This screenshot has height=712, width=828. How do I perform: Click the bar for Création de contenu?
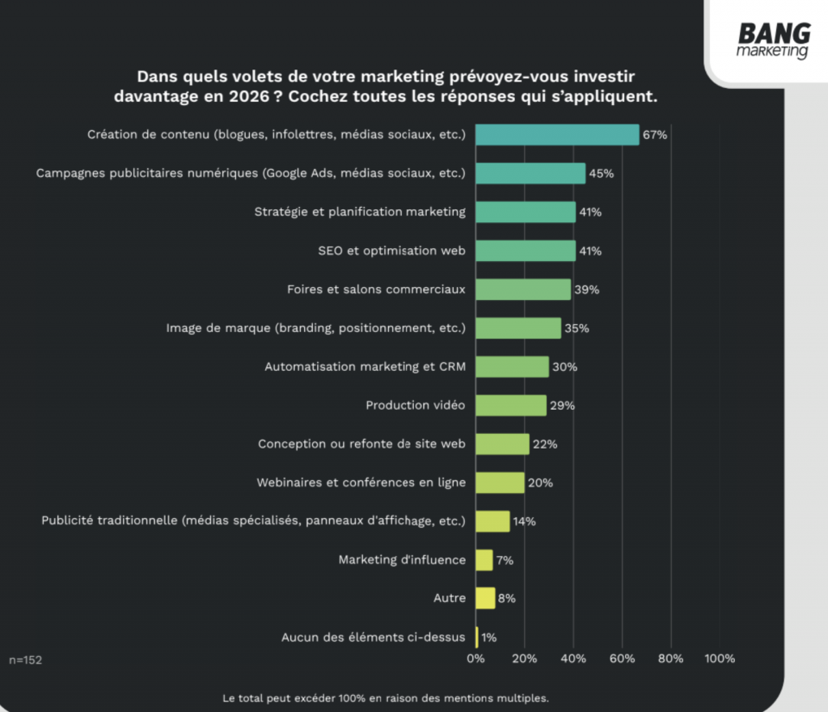(557, 134)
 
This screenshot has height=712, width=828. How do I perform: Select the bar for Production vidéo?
(511, 405)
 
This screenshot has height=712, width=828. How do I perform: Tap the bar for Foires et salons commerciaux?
(523, 289)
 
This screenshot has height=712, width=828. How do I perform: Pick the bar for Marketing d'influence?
(484, 560)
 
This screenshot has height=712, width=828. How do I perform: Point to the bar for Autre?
(485, 598)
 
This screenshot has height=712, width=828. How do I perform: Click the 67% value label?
(655, 135)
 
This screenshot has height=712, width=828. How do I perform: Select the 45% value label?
(601, 174)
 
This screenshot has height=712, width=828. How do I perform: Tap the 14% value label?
(525, 521)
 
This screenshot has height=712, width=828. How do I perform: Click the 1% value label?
(489, 638)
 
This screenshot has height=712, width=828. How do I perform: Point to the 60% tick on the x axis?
(622, 659)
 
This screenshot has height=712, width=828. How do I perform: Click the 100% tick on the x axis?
(720, 659)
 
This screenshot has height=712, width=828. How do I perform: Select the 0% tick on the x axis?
(476, 659)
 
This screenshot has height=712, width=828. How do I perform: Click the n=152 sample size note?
(26, 660)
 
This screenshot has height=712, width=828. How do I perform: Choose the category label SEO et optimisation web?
(392, 251)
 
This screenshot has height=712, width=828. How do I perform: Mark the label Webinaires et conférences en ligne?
(361, 482)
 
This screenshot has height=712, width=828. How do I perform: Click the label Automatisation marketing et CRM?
(365, 366)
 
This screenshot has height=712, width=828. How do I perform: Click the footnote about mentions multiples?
(386, 697)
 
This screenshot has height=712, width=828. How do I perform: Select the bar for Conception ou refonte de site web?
(502, 444)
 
